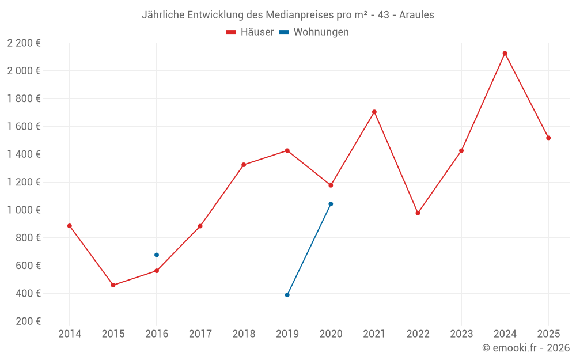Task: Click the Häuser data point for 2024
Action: click(505, 54)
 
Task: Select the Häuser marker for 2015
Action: click(113, 285)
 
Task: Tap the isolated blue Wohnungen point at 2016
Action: click(157, 255)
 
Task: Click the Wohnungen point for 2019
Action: click(287, 295)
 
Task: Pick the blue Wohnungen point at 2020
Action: click(331, 204)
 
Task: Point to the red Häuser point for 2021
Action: click(374, 112)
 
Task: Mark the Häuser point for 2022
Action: click(418, 213)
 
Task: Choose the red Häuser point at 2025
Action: click(548, 138)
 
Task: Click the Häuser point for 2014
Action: click(70, 226)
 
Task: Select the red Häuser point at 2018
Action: click(244, 165)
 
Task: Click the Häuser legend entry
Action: click(250, 32)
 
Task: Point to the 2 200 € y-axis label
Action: click(24, 43)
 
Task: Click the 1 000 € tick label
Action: click(24, 210)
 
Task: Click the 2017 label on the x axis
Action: click(200, 334)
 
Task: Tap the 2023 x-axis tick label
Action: click(461, 334)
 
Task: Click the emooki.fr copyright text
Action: click(526, 348)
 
